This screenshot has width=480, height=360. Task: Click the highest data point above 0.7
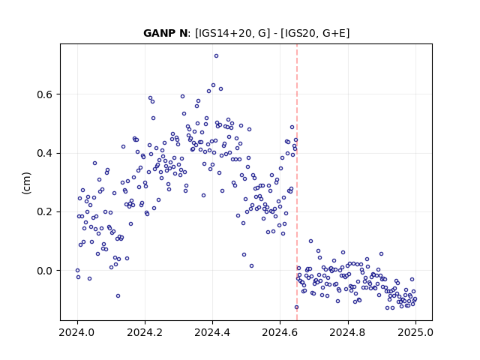click(x=216, y=56)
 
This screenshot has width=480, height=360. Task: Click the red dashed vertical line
click(x=297, y=182)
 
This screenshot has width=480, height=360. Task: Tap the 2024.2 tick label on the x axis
click(x=145, y=332)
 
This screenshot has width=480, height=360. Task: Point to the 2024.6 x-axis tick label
click(x=280, y=332)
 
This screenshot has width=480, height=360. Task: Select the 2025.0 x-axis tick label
click(x=415, y=332)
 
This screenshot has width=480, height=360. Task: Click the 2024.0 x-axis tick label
click(x=77, y=332)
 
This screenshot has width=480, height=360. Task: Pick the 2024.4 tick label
click(x=212, y=332)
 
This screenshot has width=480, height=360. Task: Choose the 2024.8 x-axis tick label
click(x=348, y=332)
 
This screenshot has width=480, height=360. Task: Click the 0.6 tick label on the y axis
click(x=44, y=94)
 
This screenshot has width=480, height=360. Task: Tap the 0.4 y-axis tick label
click(x=44, y=153)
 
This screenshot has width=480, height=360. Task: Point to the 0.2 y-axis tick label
click(x=44, y=212)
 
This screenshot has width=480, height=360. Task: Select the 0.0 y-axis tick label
click(x=44, y=271)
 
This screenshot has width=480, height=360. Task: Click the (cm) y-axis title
click(x=26, y=183)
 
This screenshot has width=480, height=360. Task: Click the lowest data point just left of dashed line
click(x=296, y=307)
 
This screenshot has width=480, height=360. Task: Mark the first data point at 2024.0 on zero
click(x=77, y=270)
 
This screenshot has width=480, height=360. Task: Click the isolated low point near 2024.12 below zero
click(x=118, y=295)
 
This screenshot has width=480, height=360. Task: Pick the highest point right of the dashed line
click(x=310, y=241)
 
